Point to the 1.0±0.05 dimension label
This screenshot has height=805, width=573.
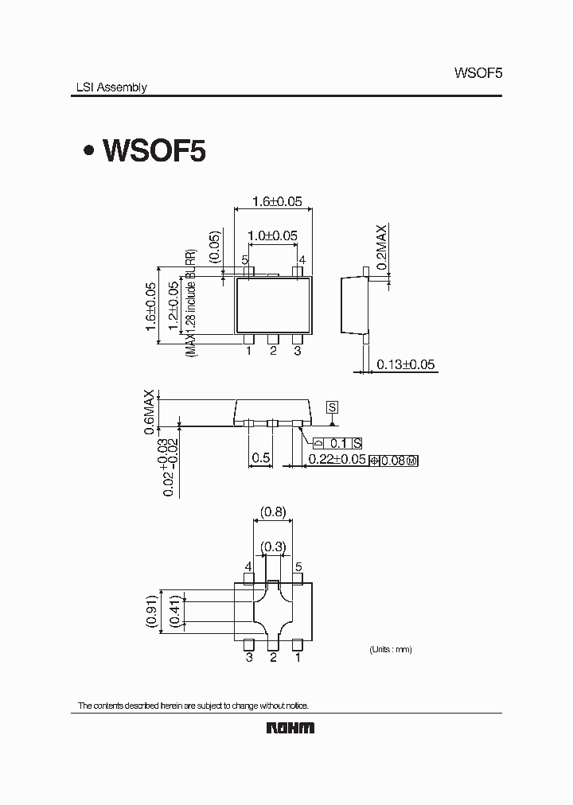point(272,235)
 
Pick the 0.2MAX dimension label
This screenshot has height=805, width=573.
point(382,247)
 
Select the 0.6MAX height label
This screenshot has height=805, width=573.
point(149,412)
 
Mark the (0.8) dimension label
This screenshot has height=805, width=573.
point(273,512)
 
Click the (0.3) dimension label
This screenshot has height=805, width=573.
point(273,546)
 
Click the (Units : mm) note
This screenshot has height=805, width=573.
point(390,650)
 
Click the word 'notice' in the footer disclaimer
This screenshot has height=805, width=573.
point(293,706)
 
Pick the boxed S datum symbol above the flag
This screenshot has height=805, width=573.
point(333,407)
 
